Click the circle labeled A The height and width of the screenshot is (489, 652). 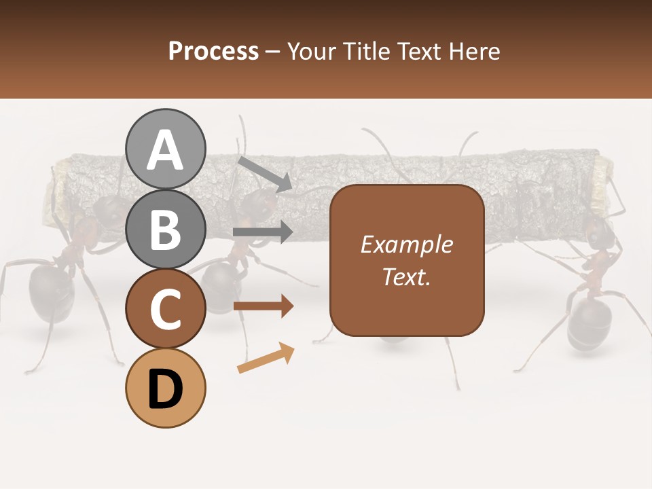[165, 149]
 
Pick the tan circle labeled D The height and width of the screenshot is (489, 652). [165, 388]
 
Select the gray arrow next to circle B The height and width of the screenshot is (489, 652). [263, 232]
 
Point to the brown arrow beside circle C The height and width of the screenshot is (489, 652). [263, 306]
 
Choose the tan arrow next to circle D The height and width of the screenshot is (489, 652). [266, 358]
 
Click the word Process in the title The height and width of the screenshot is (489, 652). [213, 51]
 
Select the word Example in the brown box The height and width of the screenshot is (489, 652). [406, 244]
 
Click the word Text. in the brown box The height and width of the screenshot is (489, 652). [406, 276]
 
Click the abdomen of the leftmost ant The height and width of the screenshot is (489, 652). [50, 292]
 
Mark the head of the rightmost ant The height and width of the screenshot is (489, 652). [598, 234]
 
